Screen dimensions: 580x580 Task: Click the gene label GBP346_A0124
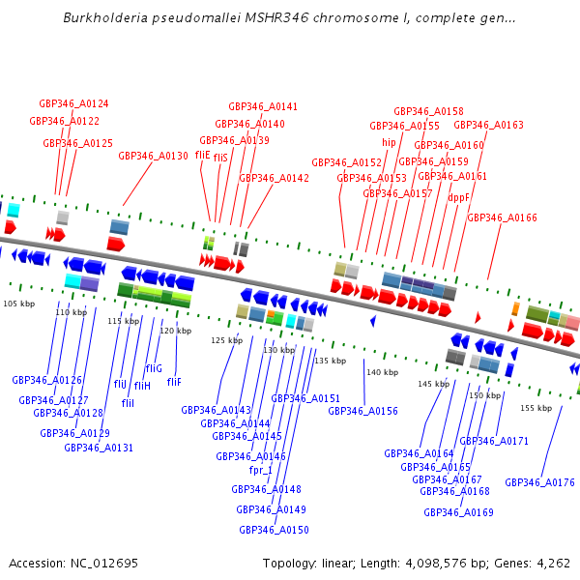pos(73,103)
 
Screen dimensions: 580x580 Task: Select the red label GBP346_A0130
pos(153,156)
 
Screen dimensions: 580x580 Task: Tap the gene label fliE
pos(202,155)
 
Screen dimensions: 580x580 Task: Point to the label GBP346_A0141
pos(263,106)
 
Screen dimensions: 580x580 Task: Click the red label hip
pos(389,142)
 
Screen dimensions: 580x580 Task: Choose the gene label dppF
pos(459,197)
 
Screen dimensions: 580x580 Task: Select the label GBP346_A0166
pos(502,217)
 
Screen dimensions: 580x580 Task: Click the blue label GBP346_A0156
pos(362,411)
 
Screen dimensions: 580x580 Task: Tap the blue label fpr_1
pos(260,470)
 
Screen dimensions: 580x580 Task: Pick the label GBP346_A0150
pos(274,530)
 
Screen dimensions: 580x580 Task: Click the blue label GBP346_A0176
pos(539,482)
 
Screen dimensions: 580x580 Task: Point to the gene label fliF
pos(174,382)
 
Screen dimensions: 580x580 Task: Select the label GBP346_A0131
pos(99,448)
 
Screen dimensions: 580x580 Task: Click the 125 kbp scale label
pos(226,340)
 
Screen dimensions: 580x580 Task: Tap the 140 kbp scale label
pos(382,372)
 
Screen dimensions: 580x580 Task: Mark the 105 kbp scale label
pos(18,304)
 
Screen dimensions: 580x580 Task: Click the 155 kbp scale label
pos(536,408)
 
